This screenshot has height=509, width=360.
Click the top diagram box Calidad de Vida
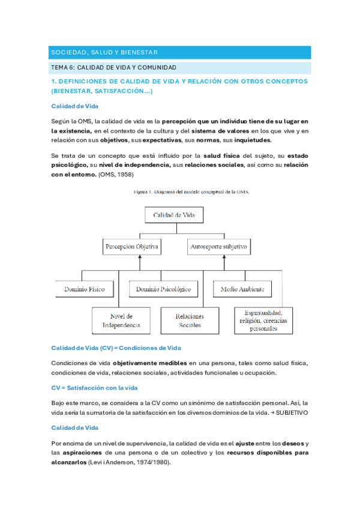coord(178,214)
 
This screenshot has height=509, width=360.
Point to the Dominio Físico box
coord(84,289)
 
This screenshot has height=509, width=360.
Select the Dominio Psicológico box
coord(163,289)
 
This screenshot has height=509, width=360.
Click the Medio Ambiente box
coord(242,289)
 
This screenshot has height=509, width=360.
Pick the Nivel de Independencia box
coord(121,321)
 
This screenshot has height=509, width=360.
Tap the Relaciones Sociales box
coord(190,321)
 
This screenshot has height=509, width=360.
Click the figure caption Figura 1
coord(192,192)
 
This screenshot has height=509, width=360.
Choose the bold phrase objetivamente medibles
coord(157,363)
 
